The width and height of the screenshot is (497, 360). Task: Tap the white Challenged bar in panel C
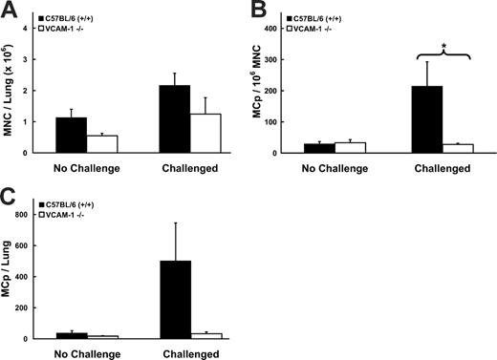point(204,335)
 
